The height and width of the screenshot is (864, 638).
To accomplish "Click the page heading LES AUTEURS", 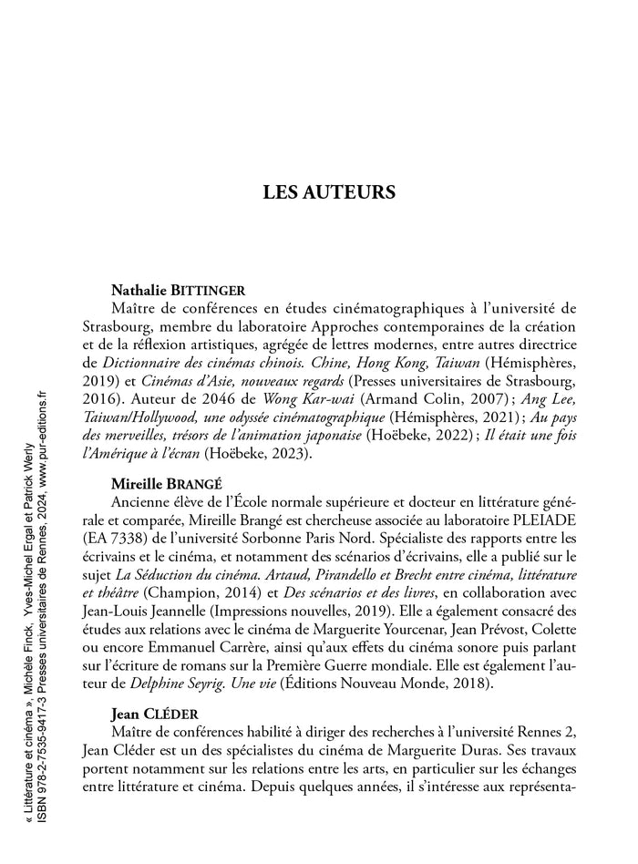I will (x=329, y=192).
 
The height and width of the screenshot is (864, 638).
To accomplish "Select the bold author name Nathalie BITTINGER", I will (x=178, y=291).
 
